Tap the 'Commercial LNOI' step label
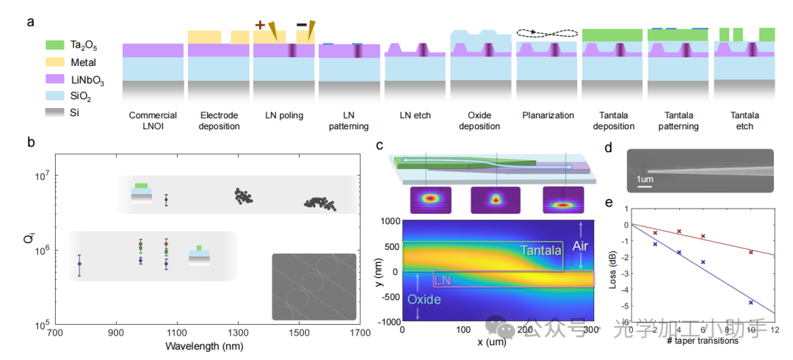153,120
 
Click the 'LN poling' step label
284,115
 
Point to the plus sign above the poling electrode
259,25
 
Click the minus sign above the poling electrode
301,24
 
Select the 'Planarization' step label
547,115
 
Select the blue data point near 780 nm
79,264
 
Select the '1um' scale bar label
644,179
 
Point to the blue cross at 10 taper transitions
751,303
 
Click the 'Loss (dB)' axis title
615,270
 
